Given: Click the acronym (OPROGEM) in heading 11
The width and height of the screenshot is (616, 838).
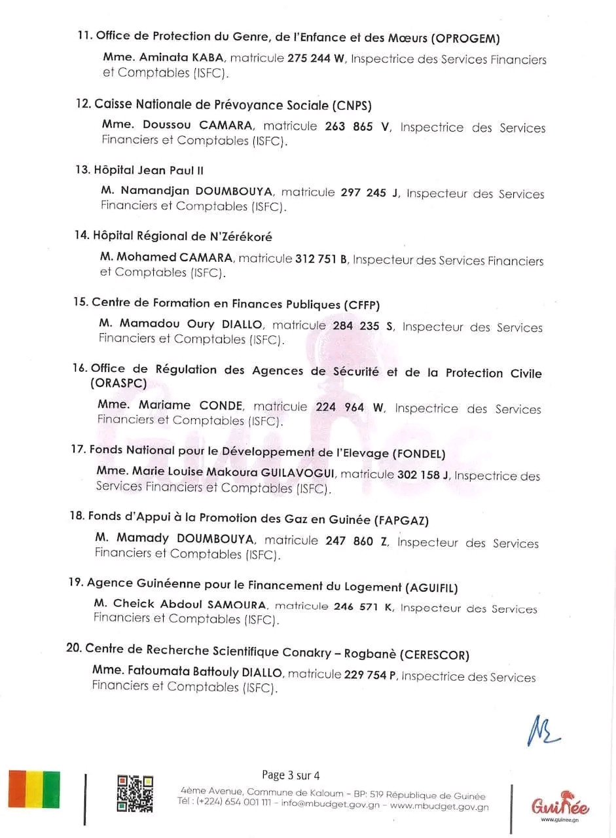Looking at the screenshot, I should click(x=469, y=38).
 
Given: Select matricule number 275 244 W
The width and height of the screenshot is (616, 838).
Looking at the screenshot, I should click(x=316, y=59).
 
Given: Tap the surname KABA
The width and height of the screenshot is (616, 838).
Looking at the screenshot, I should click(x=208, y=58).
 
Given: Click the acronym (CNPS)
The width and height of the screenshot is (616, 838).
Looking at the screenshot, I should click(x=352, y=105).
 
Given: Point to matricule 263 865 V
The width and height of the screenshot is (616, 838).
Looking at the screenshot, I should click(x=357, y=127).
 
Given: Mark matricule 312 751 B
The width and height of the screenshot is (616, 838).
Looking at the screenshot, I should click(x=321, y=259).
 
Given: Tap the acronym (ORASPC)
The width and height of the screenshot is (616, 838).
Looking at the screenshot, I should click(x=118, y=384).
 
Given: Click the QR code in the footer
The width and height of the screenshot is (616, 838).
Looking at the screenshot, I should click(x=135, y=793).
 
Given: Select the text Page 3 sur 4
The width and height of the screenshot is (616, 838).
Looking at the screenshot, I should click(x=291, y=776).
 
